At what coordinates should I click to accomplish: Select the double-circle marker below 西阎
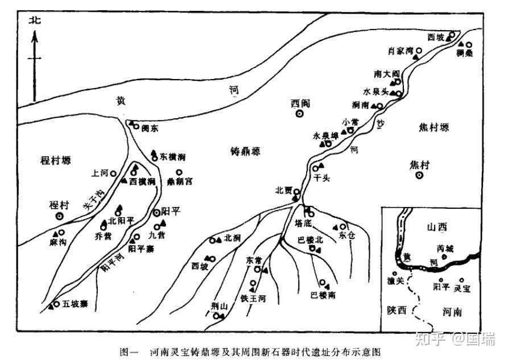pyautogui.click(x=299, y=114)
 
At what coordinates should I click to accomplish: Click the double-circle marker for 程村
pyautogui.click(x=60, y=216)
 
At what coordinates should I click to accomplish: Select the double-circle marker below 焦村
pyautogui.click(x=420, y=176)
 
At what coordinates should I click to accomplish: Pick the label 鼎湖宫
pyautogui.click(x=180, y=181)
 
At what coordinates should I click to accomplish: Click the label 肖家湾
pyautogui.click(x=399, y=51)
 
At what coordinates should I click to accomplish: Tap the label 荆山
pyautogui.click(x=219, y=306)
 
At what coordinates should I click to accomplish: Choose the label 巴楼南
pyautogui.click(x=322, y=295)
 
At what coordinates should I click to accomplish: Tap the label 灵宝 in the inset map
pyautogui.click(x=462, y=288)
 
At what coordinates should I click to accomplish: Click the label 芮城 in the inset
pyautogui.click(x=446, y=249)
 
